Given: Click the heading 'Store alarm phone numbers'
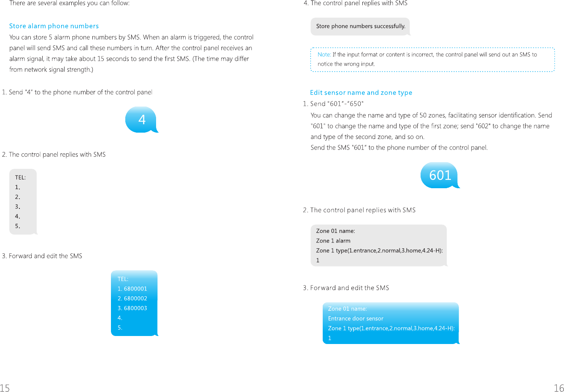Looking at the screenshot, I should click(54, 26).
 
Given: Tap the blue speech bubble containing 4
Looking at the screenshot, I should click(142, 120).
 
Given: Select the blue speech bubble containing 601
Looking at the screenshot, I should click(440, 175).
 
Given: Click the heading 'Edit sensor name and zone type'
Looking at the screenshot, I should click(361, 93).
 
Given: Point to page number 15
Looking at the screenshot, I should click(5, 388).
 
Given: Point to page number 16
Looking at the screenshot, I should click(559, 388).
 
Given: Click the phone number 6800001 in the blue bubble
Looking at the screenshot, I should click(135, 289).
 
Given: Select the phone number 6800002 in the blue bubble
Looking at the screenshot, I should click(135, 299).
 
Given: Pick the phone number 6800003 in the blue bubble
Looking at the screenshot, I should click(135, 308).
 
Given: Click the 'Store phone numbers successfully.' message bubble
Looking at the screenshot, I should click(361, 26).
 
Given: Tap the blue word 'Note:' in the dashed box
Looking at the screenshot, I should click(324, 54).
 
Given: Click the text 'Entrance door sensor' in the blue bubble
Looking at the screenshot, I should click(356, 319).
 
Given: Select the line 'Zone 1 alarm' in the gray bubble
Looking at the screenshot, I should click(333, 241).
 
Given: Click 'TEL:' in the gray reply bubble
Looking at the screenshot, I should click(20, 178).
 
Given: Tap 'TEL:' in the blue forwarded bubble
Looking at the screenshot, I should click(123, 279).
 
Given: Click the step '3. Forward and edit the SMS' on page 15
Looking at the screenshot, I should click(42, 256).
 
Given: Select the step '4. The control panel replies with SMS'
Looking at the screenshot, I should click(356, 3).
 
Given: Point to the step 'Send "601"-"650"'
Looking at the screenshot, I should click(333, 104).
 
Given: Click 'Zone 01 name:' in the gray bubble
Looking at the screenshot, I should click(335, 231).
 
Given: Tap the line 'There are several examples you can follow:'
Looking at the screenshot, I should click(70, 3).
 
